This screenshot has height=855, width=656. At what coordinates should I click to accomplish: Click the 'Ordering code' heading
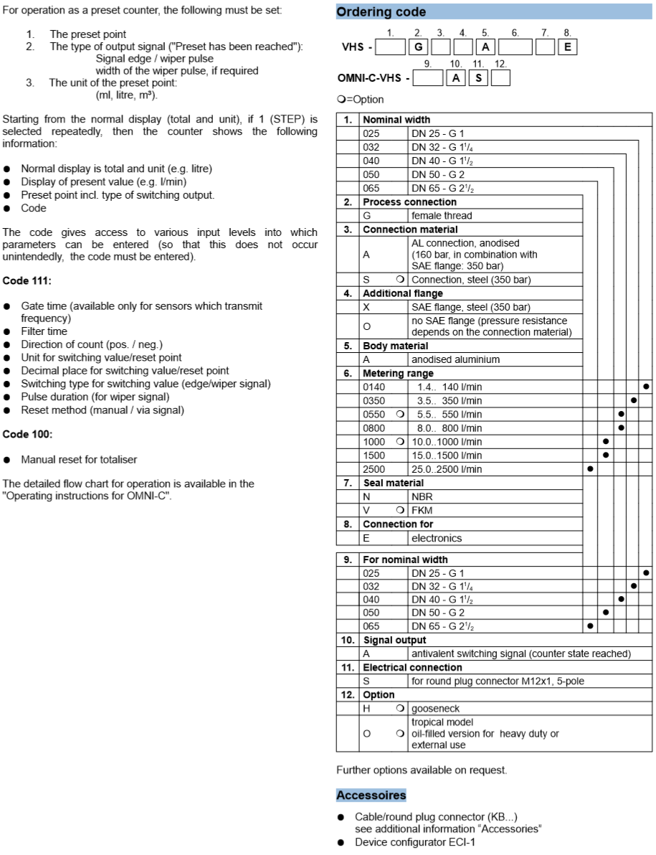point(381,11)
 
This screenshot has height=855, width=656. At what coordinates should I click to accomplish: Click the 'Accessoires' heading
point(371,795)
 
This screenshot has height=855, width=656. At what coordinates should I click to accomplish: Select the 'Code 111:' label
point(22,279)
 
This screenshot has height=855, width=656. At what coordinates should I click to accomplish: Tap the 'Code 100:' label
point(22,434)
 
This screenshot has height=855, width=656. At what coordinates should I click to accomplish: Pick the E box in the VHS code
point(568,48)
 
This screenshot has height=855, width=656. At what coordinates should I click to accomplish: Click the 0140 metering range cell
point(374,387)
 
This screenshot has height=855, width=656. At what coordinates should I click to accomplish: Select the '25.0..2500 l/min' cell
point(450,469)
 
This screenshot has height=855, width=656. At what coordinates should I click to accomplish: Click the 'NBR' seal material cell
point(422,496)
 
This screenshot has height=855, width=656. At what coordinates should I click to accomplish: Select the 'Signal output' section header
point(394,640)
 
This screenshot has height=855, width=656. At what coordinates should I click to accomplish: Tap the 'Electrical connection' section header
point(412,667)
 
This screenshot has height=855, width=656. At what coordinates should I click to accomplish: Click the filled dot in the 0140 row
point(646,387)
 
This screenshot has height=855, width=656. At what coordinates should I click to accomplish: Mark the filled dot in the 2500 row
point(589,469)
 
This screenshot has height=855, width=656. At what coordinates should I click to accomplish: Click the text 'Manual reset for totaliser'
point(78,460)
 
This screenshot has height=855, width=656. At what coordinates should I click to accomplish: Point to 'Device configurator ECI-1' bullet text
point(414,842)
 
